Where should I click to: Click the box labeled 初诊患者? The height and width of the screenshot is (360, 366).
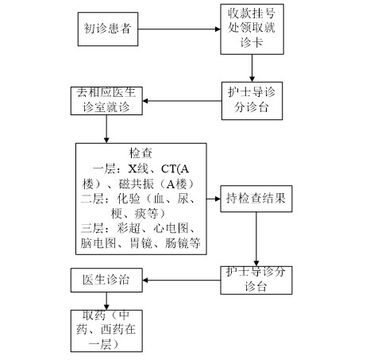(x=108, y=29)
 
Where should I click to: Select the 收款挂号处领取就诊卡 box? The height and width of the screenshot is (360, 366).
(x=252, y=29)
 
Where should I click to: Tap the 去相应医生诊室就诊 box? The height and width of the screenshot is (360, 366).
(x=106, y=101)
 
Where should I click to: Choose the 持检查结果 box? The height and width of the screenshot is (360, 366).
(x=256, y=199)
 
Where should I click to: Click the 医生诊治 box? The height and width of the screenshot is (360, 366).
(x=106, y=280)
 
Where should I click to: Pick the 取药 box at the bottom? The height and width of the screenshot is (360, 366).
(x=106, y=331)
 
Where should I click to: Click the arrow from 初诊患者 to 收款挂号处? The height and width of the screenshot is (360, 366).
(x=179, y=29)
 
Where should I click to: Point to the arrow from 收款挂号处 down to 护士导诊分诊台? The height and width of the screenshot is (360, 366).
(x=252, y=68)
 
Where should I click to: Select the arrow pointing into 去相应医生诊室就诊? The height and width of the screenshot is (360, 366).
(x=182, y=101)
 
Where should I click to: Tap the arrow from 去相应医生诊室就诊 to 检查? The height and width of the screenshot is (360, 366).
(x=106, y=129)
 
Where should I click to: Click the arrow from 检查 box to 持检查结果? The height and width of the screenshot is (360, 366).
(x=214, y=199)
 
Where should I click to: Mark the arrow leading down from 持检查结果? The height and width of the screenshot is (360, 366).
(x=256, y=239)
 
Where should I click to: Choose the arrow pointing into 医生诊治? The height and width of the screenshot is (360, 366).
(x=182, y=280)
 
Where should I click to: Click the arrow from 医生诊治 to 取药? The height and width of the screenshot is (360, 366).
(x=106, y=301)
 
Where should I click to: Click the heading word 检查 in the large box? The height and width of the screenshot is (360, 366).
(x=141, y=153)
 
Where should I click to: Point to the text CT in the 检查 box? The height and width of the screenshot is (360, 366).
(x=168, y=168)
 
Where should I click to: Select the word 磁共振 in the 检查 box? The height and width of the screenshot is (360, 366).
(x=136, y=184)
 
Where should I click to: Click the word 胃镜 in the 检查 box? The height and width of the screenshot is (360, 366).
(x=141, y=243)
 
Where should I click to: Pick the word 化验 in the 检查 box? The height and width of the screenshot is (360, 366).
(x=129, y=199)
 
